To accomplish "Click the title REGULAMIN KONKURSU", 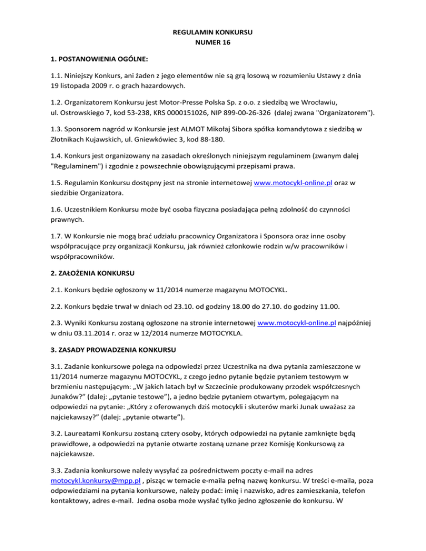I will point(213,32).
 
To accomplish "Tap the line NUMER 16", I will point(213,43).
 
